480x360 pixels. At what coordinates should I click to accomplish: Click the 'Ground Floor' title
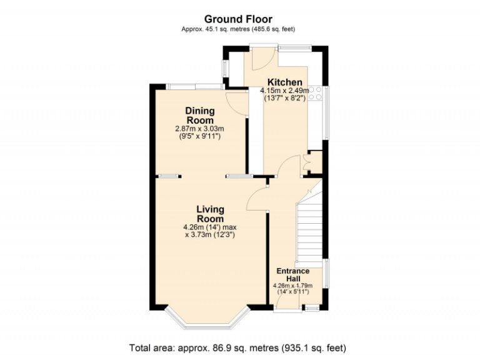(238, 19)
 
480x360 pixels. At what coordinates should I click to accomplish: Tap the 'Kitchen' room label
(285, 82)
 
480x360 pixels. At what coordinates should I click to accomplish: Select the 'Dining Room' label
(199, 115)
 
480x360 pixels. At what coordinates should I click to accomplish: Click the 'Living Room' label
(210, 214)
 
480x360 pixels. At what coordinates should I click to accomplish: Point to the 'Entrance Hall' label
(293, 274)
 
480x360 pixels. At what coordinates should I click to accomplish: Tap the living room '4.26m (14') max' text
(210, 227)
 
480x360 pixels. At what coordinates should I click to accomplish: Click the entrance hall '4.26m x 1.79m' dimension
(293, 286)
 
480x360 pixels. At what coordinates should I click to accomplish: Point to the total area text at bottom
(237, 347)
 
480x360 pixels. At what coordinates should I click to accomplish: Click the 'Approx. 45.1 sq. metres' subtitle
(238, 29)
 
